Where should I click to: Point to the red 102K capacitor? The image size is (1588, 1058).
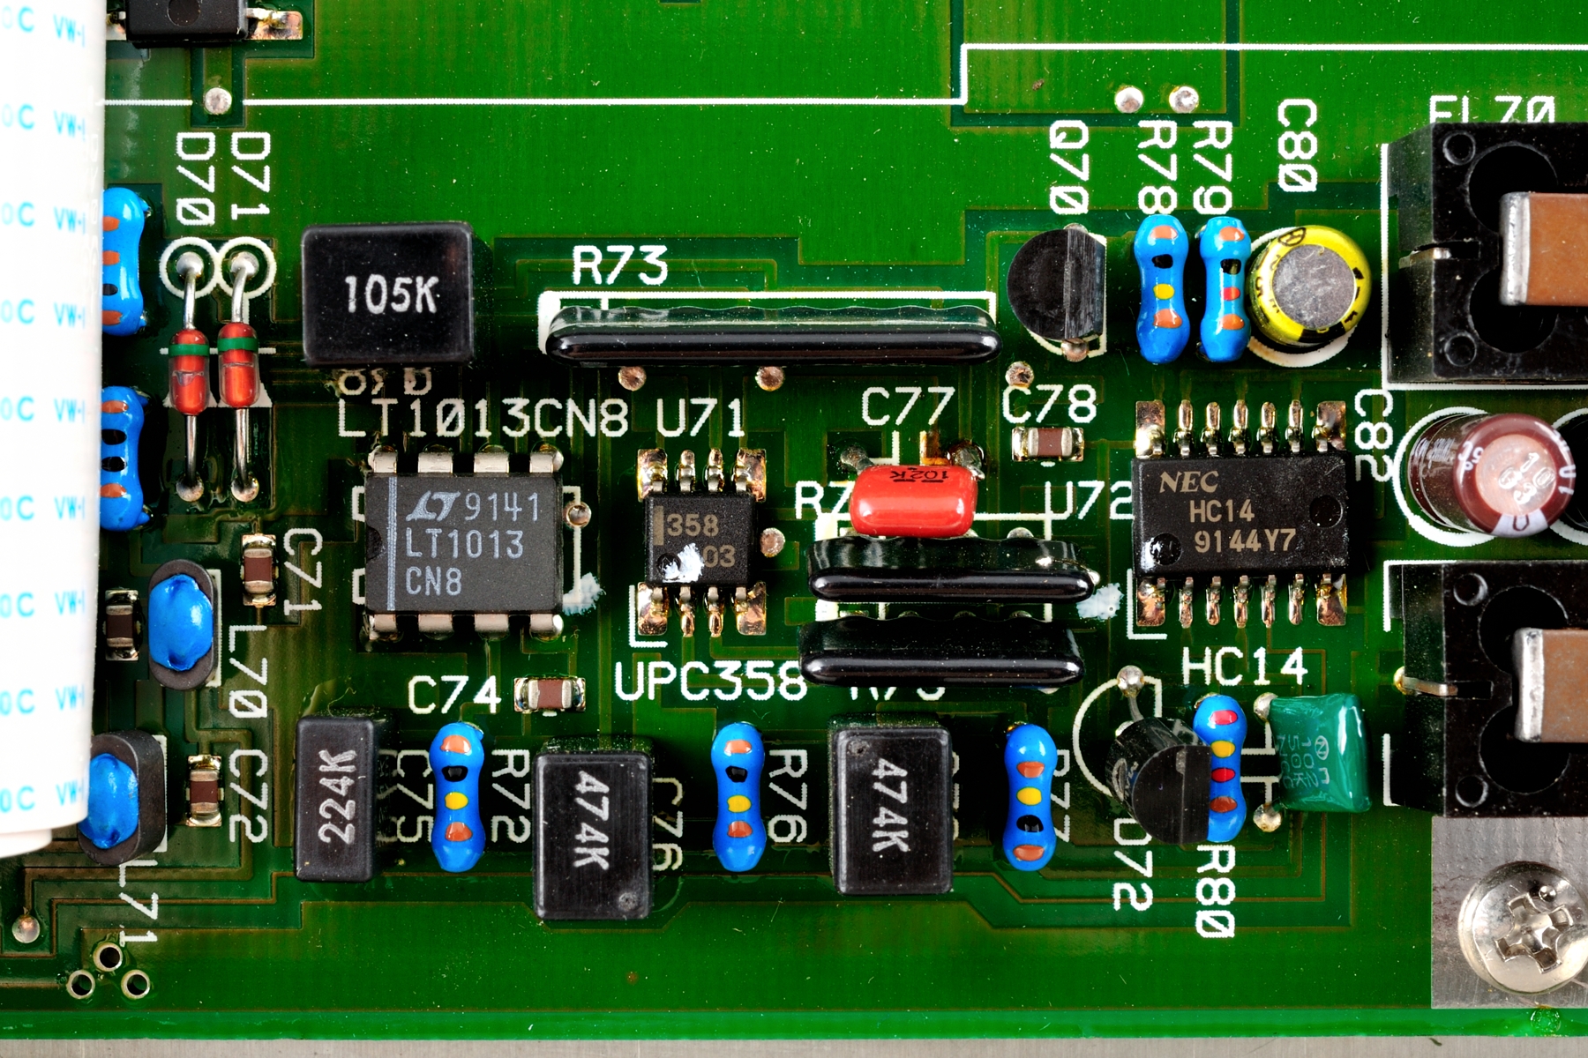click(914, 500)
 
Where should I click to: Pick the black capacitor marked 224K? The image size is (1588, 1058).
click(336, 799)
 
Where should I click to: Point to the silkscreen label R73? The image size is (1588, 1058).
click(619, 265)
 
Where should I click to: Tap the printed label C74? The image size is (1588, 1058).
click(454, 696)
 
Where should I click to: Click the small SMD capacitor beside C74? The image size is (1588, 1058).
click(550, 695)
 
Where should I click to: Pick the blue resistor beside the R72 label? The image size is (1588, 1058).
click(457, 796)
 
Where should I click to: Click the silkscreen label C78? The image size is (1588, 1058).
click(1049, 404)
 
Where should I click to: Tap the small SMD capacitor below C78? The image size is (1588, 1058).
click(1047, 443)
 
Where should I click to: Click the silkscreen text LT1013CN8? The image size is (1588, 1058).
click(483, 417)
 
